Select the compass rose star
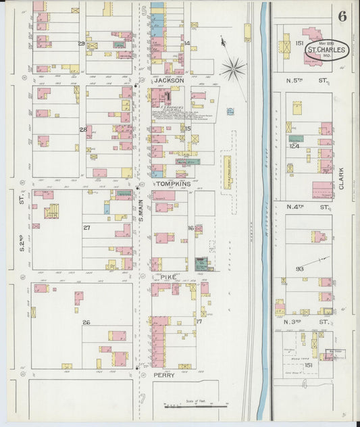[x=234, y=68]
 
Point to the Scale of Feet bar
[x=195, y=407]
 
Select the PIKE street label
[x=168, y=276]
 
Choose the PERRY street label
[x=164, y=374]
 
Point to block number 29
[x=82, y=44]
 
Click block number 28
[x=83, y=129]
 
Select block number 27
[x=86, y=228]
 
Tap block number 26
[x=86, y=323]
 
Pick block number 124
[x=294, y=146]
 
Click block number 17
[x=199, y=322]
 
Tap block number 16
[x=190, y=228]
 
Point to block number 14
[x=186, y=43]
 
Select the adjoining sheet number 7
[x=143, y=397]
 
